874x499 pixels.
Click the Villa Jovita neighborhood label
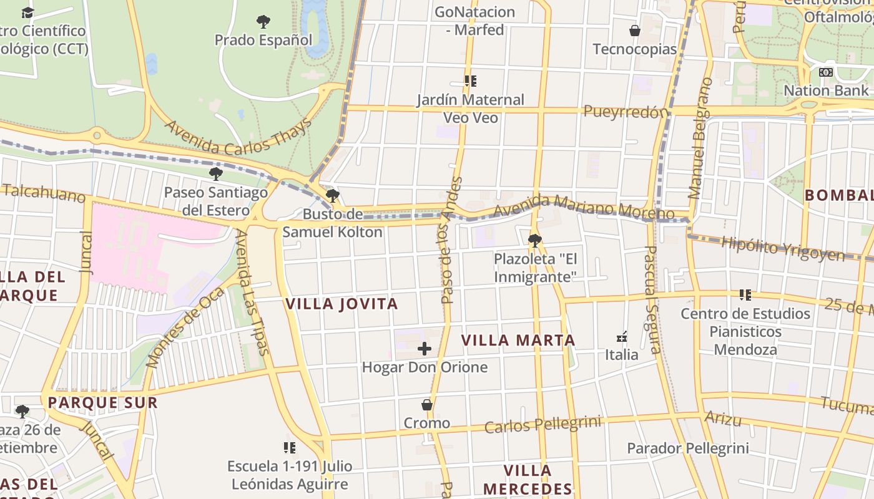(x=341, y=304)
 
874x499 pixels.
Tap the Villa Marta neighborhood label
(x=518, y=341)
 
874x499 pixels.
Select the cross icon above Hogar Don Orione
(x=425, y=349)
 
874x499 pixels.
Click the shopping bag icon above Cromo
(x=427, y=405)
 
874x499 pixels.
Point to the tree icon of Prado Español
(x=263, y=22)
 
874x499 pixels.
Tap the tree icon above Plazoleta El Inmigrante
(x=534, y=240)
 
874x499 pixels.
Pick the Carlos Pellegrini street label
(x=543, y=425)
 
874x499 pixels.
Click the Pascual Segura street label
(x=652, y=299)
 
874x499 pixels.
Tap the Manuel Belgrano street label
(x=700, y=138)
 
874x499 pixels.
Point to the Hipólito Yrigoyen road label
(x=783, y=248)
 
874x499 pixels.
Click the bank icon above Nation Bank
(x=826, y=72)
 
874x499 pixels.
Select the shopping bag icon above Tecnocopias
(x=635, y=31)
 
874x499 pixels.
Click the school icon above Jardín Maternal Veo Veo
(x=471, y=81)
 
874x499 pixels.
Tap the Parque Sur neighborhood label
(x=103, y=403)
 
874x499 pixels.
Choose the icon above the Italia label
(x=622, y=337)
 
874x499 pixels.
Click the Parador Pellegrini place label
(x=687, y=448)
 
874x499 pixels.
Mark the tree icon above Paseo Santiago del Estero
(x=216, y=174)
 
